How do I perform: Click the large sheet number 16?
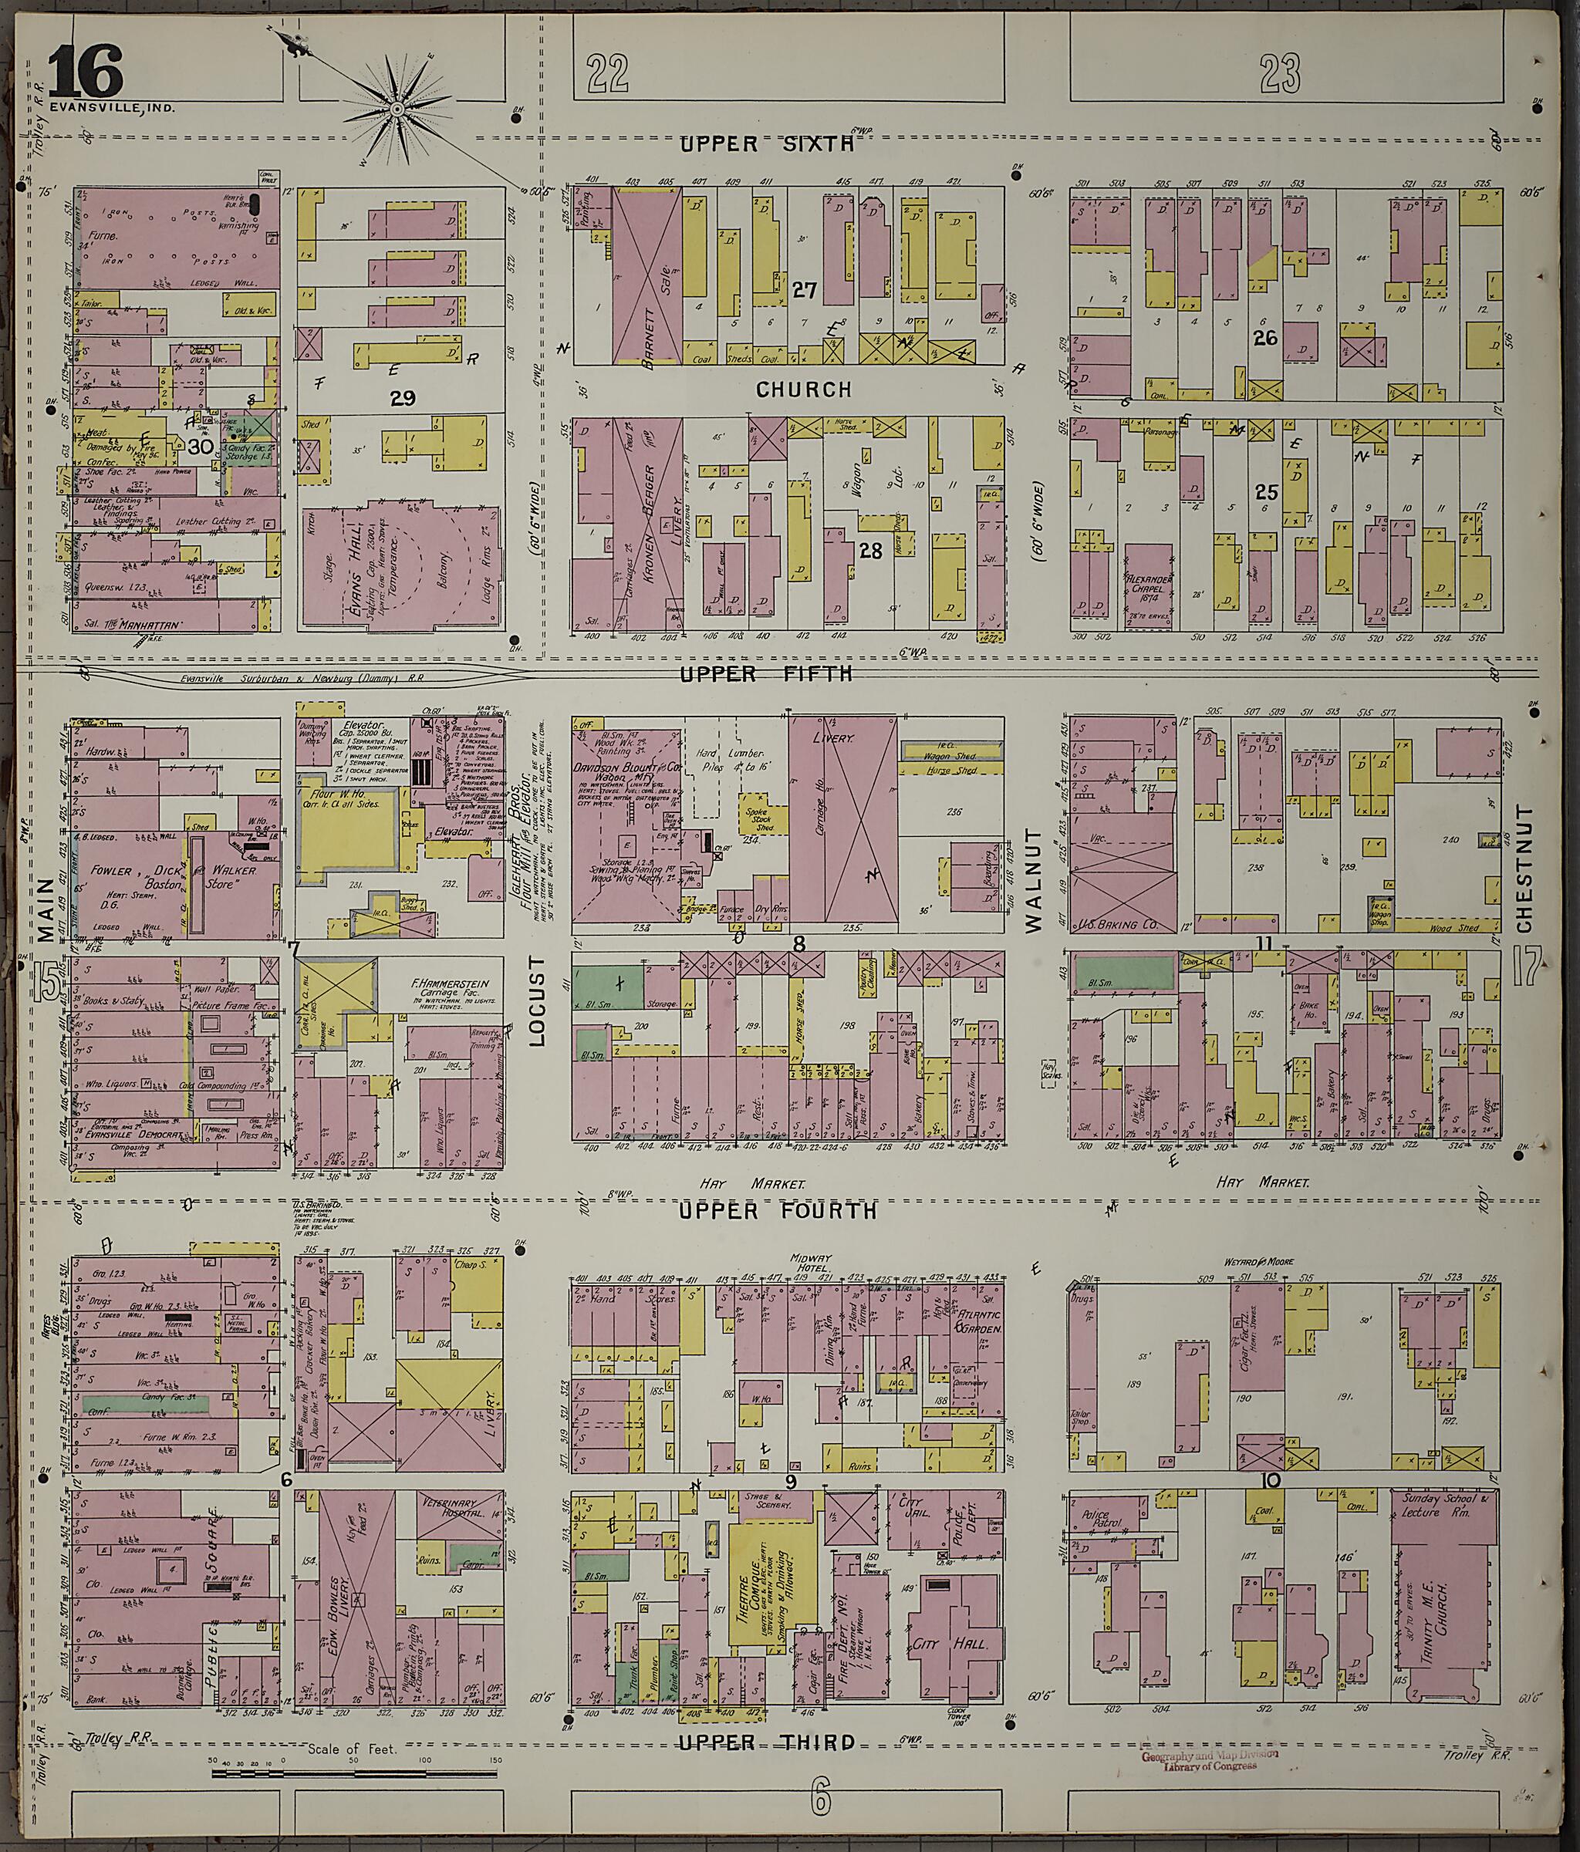85,71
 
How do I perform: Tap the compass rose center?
396,109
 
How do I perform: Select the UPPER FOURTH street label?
777,1210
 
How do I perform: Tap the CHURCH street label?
803,390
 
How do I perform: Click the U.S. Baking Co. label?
1123,924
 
